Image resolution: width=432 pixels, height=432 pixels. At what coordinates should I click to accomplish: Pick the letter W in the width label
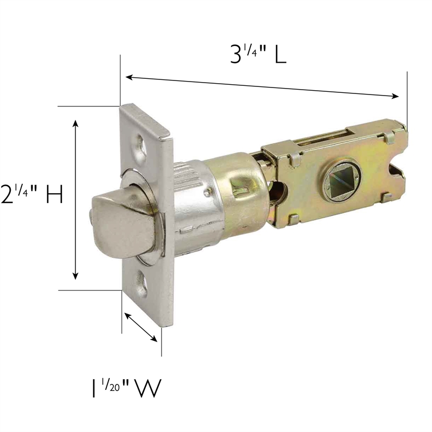147,388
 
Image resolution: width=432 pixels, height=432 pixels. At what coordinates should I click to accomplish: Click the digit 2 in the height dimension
8,195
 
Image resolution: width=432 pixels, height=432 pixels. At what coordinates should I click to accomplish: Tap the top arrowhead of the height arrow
76,124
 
